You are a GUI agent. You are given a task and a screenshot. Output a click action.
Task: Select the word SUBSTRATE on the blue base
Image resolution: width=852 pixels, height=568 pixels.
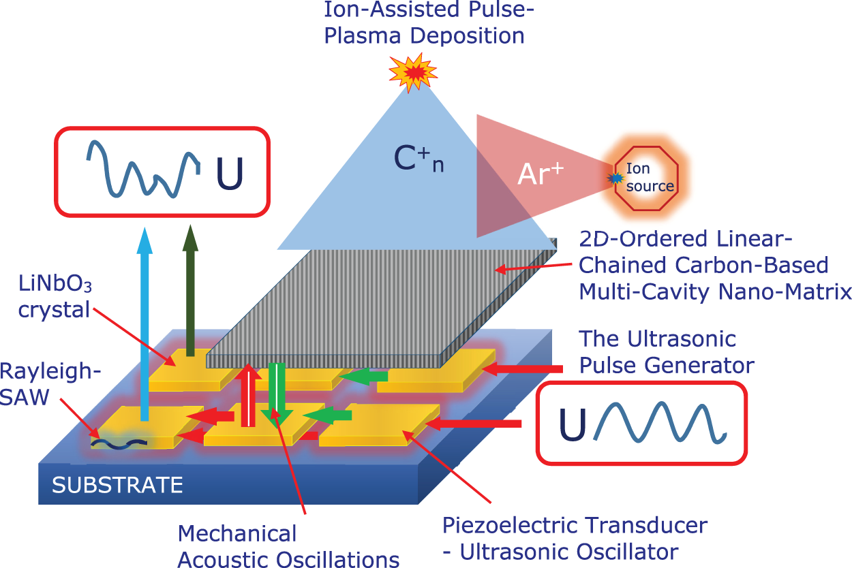(x=117, y=485)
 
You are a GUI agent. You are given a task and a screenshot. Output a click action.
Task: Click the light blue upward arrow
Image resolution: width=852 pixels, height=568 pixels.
(x=144, y=320)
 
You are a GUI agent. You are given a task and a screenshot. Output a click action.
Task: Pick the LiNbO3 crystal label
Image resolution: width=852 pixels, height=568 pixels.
(x=55, y=298)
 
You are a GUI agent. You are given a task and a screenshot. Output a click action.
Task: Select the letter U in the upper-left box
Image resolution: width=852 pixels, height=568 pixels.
(x=229, y=174)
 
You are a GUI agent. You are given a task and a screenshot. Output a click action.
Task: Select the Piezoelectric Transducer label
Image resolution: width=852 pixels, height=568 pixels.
(x=575, y=537)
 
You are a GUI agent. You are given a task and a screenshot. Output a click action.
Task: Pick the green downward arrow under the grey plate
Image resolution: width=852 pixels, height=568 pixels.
(x=277, y=395)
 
